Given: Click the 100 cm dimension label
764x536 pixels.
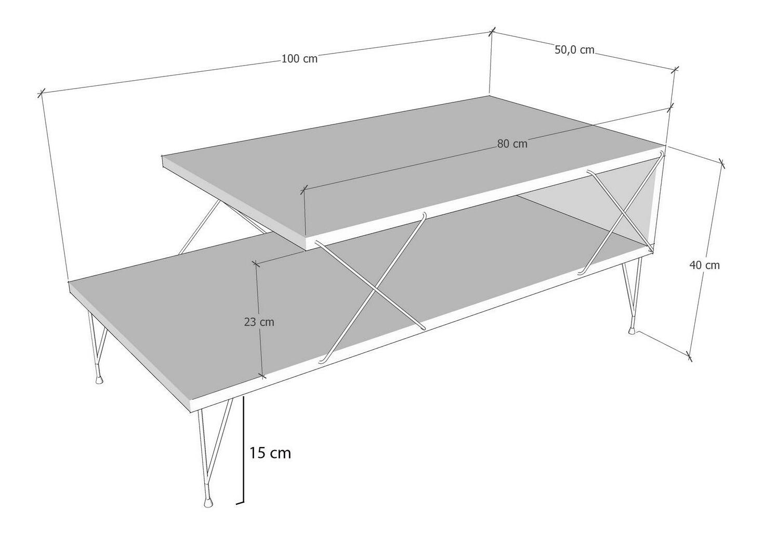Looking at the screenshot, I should pyautogui.click(x=299, y=59).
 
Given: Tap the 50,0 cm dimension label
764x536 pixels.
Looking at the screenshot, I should pyautogui.click(x=574, y=50).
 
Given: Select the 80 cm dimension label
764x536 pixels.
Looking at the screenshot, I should pyautogui.click(x=512, y=144).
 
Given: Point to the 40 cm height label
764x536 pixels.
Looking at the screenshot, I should pyautogui.click(x=704, y=265).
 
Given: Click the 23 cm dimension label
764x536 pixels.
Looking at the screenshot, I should pyautogui.click(x=259, y=322).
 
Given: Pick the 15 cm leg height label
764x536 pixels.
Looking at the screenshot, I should pyautogui.click(x=270, y=453).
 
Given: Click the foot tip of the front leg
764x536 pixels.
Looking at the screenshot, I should pyautogui.click(x=208, y=503).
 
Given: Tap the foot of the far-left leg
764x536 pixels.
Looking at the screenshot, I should pyautogui.click(x=99, y=380).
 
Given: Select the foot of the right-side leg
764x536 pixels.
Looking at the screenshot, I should pyautogui.click(x=632, y=329).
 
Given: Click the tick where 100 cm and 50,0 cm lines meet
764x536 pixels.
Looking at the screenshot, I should pyautogui.click(x=492, y=32).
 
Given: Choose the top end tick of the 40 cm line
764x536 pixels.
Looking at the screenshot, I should pyautogui.click(x=721, y=163).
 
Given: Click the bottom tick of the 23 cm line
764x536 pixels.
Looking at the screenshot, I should pyautogui.click(x=262, y=376).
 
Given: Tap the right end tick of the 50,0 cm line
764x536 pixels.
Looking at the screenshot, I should pyautogui.click(x=675, y=70).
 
